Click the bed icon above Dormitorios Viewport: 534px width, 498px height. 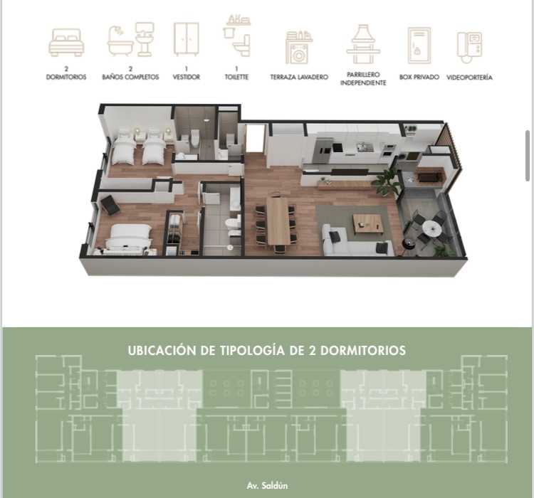click(x=66, y=43)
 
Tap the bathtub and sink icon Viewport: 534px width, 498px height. click(x=131, y=40)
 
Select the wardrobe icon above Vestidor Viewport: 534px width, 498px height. click(x=186, y=39)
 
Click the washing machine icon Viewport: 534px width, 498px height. click(x=298, y=48)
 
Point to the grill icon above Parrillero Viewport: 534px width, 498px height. click(x=363, y=44)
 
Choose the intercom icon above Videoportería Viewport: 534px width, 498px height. click(x=470, y=48)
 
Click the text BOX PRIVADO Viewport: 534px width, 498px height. click(x=419, y=78)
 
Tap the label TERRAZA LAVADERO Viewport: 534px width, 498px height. click(x=299, y=78)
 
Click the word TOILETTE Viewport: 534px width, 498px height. click(x=236, y=78)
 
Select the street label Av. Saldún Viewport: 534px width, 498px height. click(x=267, y=485)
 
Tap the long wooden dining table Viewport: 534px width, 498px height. click(x=278, y=221)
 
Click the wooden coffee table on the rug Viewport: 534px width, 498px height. click(x=367, y=223)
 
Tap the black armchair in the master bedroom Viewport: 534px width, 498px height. click(x=110, y=205)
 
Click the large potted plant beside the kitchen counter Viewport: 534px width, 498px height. click(x=387, y=182)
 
